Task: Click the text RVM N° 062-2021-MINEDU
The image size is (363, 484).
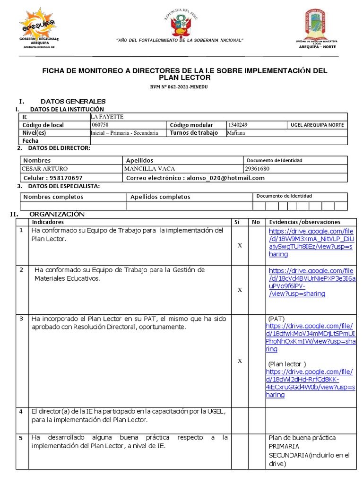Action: click(182, 87)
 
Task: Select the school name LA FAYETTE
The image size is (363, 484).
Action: click(106, 117)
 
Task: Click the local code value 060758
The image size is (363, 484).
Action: click(100, 125)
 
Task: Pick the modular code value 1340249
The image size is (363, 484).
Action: click(238, 125)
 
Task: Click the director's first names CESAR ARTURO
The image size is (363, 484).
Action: click(45, 169)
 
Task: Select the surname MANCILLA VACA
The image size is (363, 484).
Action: click(149, 169)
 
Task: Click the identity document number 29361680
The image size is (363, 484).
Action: click(258, 169)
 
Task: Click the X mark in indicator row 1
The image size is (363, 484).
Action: click(240, 245)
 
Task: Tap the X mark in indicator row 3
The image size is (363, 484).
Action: click(240, 361)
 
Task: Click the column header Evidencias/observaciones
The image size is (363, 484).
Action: click(304, 222)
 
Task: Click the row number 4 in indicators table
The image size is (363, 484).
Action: click(21, 411)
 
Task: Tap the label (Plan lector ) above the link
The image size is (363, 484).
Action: click(287, 364)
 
